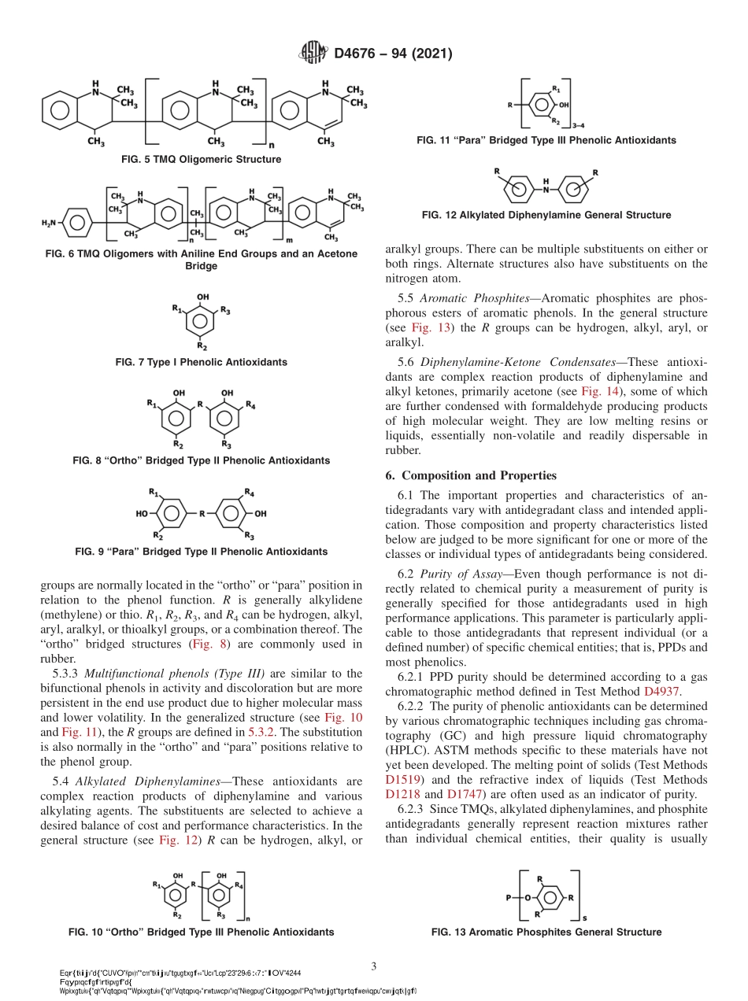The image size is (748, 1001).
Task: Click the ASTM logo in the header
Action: click(313, 54)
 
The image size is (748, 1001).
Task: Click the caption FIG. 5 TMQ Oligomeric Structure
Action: click(201, 159)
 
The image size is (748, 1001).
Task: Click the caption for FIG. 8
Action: click(201, 460)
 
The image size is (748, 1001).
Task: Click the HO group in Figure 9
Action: click(142, 513)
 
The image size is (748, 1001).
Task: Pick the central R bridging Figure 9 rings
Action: click(202, 513)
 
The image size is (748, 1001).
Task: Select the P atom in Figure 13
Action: click(510, 896)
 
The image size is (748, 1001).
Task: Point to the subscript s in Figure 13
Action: click(583, 918)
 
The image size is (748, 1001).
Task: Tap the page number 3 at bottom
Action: click(374, 965)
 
